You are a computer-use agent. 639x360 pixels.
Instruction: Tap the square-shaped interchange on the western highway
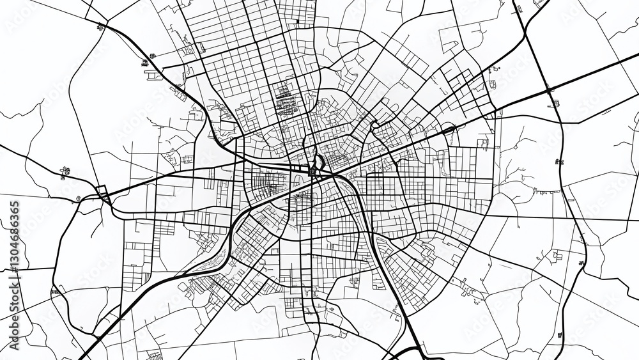click(102, 192)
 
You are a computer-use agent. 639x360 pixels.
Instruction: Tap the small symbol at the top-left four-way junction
click(101, 26)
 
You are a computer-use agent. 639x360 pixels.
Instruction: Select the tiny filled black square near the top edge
click(297, 22)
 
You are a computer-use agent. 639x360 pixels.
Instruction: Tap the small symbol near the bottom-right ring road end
click(560, 334)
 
